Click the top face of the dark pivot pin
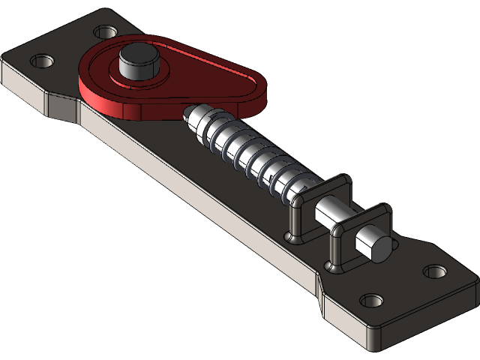click(137, 53)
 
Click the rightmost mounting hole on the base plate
click(433, 270)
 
